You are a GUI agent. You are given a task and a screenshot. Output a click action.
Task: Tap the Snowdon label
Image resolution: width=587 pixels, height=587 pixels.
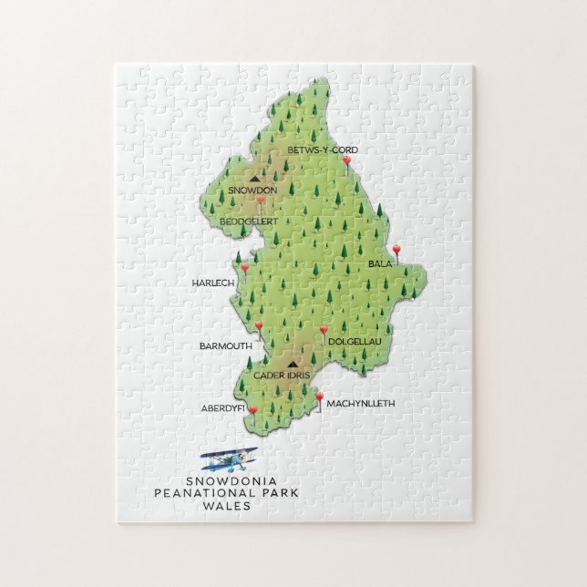tap(252, 190)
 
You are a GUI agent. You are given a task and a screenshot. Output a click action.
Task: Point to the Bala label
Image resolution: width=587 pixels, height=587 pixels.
tap(379, 264)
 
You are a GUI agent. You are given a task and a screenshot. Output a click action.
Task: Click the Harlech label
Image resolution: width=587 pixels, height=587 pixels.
tap(213, 283)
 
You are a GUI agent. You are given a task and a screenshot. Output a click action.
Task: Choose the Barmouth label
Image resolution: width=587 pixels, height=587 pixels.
tap(225, 346)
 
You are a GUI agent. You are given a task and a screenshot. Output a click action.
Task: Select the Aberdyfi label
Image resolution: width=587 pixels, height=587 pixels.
tap(223, 407)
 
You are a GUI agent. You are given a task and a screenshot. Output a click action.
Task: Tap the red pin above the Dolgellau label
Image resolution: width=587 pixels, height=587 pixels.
tap(324, 330)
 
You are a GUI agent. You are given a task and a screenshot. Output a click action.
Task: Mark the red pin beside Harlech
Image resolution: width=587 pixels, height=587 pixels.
tap(244, 268)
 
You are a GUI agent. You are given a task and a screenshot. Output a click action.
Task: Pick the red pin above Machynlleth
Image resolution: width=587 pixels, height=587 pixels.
tap(319, 395)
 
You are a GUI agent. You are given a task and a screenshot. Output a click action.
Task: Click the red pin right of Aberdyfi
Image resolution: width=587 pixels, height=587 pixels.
tap(252, 410)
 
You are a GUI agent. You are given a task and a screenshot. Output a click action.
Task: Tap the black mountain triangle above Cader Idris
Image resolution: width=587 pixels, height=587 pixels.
tap(293, 363)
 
